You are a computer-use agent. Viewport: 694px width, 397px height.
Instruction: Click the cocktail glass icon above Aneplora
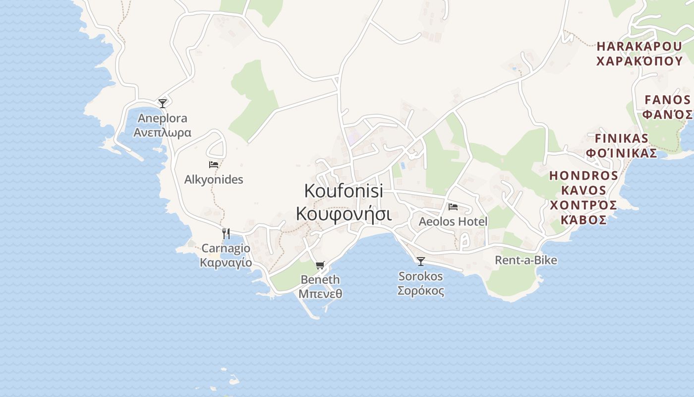click(163, 103)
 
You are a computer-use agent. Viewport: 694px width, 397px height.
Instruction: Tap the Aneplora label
click(162, 118)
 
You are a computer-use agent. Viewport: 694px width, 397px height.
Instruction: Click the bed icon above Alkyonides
click(214, 165)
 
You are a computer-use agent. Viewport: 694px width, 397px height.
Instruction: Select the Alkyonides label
click(214, 179)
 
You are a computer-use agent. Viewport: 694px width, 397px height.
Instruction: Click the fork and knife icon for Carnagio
click(226, 233)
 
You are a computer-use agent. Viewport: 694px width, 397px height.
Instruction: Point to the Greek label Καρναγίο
click(226, 262)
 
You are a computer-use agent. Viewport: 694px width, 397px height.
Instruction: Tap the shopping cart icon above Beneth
click(320, 265)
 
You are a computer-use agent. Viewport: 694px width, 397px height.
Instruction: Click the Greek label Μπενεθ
click(320, 294)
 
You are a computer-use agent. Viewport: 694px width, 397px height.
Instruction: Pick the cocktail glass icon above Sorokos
click(421, 261)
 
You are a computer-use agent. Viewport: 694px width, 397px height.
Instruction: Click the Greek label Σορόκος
click(421, 291)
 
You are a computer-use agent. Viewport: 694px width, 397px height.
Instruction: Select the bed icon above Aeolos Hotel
click(453, 207)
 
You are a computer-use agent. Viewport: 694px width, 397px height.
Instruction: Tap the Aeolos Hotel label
click(453, 221)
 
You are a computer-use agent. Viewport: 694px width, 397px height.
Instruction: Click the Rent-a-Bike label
click(526, 260)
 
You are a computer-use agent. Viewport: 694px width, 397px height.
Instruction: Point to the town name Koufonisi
click(344, 191)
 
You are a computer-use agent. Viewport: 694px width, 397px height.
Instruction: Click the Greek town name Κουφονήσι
click(344, 214)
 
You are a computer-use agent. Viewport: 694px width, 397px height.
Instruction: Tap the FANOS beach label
click(668, 100)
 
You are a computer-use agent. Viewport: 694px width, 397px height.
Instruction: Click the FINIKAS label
click(622, 138)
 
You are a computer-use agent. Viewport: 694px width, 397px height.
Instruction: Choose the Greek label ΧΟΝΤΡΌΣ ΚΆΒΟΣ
click(584, 212)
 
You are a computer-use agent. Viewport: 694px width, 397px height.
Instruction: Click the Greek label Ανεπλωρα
click(162, 132)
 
